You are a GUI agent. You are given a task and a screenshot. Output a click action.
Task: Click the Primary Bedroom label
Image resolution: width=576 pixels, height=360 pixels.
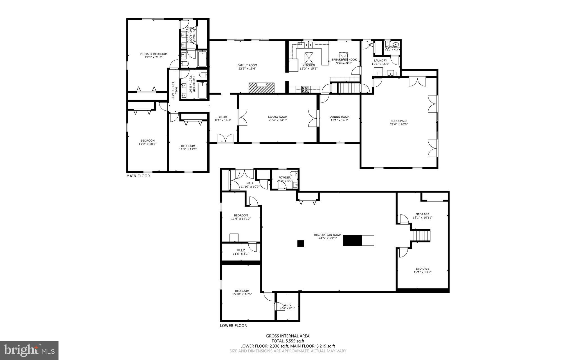(x=154, y=54)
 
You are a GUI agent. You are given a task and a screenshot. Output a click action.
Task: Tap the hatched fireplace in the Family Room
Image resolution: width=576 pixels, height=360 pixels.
(x=261, y=88)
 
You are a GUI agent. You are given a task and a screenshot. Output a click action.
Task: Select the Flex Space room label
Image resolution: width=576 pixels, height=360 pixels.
(x=399, y=121)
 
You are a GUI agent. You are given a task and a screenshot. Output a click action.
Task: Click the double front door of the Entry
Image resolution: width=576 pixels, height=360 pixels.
(x=225, y=138)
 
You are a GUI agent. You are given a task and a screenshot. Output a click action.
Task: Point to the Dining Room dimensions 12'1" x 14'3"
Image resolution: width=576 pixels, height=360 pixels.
(x=339, y=120)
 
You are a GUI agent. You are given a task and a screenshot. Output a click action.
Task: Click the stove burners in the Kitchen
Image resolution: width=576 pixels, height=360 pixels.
(x=305, y=90)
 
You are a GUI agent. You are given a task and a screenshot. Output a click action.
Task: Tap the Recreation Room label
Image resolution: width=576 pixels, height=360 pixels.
(x=328, y=235)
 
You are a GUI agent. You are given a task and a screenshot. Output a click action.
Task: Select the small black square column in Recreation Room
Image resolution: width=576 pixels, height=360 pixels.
(x=301, y=243)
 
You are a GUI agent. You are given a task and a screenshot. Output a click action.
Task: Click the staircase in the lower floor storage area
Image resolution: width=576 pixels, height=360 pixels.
(x=421, y=236)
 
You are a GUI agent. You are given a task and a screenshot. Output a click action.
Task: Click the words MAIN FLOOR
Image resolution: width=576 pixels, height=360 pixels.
(x=138, y=176)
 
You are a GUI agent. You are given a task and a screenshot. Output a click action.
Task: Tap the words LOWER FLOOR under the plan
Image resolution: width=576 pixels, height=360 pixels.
(x=233, y=326)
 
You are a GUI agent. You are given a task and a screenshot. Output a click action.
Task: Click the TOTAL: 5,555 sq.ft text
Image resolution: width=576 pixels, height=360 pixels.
(x=288, y=341)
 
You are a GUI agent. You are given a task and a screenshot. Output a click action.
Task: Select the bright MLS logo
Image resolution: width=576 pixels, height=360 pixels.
(x=29, y=350)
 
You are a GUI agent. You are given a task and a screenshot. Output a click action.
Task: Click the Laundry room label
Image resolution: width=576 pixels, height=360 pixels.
(x=380, y=61)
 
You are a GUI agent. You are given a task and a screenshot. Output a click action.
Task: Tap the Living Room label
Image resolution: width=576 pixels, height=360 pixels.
(x=277, y=117)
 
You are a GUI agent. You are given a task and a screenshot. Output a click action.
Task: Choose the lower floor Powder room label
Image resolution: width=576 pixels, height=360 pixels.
(x=285, y=178)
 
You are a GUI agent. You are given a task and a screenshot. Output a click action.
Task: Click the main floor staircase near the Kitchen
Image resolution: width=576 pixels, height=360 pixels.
(x=349, y=88)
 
